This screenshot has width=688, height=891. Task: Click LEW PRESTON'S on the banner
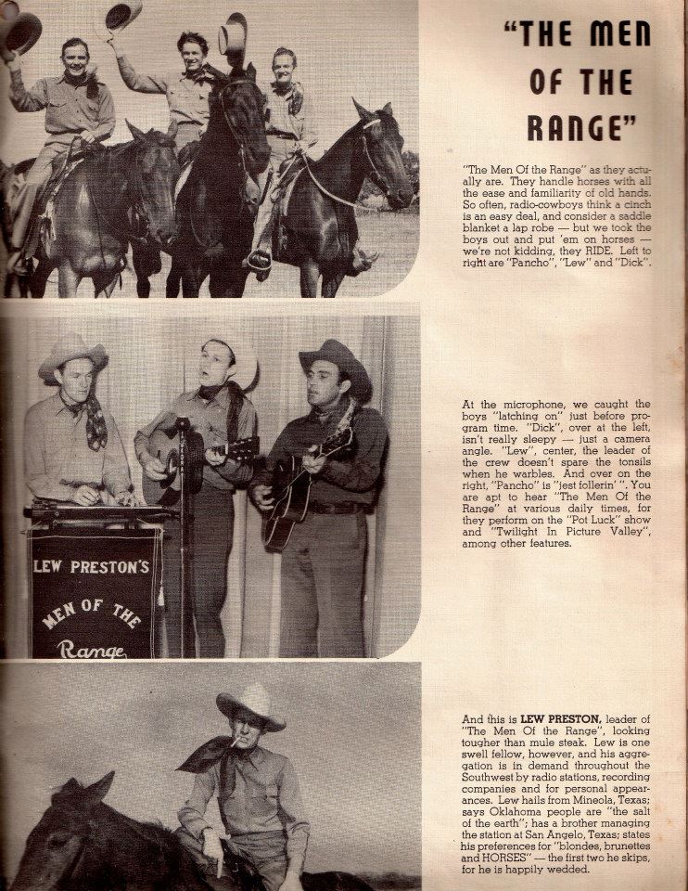click(91, 566)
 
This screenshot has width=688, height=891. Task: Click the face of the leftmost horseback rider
click(75, 59)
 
